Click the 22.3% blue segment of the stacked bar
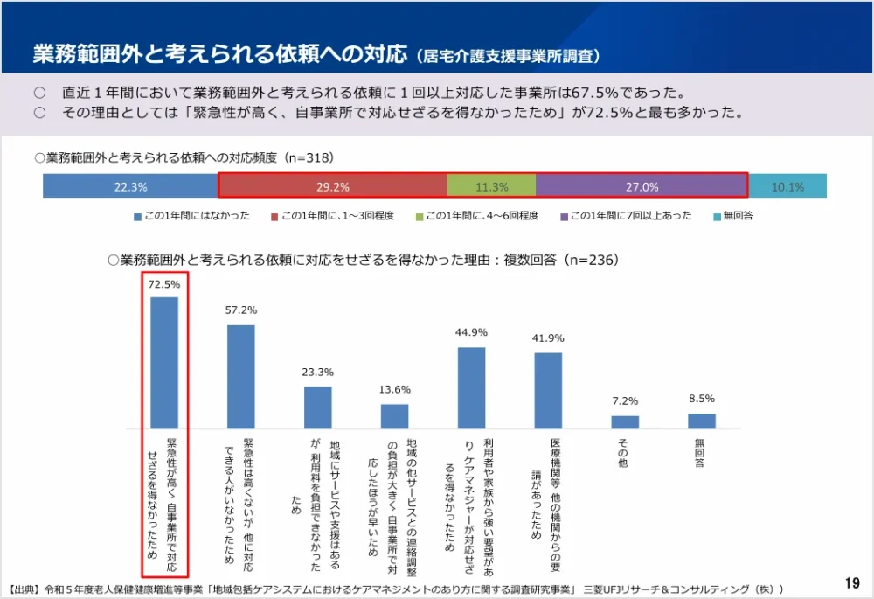tap(130, 186)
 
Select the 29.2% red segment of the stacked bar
tap(332, 186)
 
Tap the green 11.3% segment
tap(491, 186)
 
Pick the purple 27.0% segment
tap(642, 186)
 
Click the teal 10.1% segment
tap(787, 186)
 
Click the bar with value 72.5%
tap(164, 363)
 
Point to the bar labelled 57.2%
tap(241, 377)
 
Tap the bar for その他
tap(625, 421)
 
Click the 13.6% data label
tap(394, 389)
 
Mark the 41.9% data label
tap(548, 338)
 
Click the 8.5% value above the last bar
tap(701, 399)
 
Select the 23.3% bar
tap(318, 407)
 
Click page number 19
tap(852, 582)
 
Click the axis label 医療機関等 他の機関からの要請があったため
tap(546, 490)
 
